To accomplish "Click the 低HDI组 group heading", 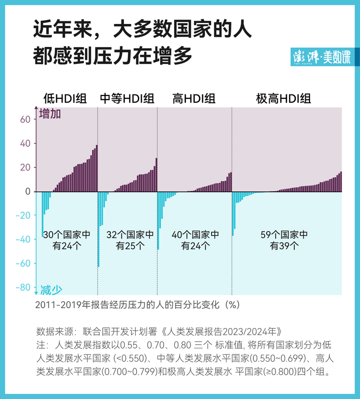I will pos(65,99).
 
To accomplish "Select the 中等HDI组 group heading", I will pos(127,99).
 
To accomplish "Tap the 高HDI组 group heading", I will pos(194,99).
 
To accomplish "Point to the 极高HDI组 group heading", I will pos(284,99).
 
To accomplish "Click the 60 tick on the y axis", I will pos(25,119).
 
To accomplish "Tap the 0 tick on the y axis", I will pos(28,191).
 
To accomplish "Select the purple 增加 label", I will pos(50,115).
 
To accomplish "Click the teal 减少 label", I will pos(51,290).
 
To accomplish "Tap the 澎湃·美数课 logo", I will pos(322,57).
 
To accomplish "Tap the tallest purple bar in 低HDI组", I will pos(96,168).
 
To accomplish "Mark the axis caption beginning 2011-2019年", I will pos(137,305).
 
